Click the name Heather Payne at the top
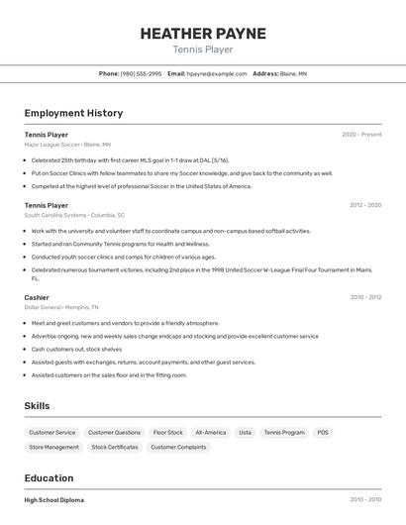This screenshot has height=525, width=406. click(203, 33)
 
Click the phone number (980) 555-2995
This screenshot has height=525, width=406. click(141, 73)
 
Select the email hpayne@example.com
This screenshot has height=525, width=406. click(217, 73)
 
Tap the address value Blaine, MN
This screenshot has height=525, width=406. click(293, 73)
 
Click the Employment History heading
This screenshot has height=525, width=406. click(73, 113)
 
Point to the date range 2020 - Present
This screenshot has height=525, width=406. click(361, 135)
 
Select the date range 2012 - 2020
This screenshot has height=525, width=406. click(365, 205)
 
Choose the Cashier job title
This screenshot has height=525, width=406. click(37, 297)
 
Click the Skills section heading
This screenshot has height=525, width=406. click(37, 406)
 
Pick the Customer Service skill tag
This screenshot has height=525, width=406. click(52, 433)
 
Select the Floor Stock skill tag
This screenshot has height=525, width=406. click(167, 433)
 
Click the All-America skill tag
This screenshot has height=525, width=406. click(210, 433)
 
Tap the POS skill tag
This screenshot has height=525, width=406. click(323, 433)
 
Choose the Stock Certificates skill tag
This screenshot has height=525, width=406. click(115, 448)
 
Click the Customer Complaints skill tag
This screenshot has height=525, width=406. click(179, 448)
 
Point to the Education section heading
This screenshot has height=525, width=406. click(49, 477)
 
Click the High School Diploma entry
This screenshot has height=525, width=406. click(54, 500)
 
